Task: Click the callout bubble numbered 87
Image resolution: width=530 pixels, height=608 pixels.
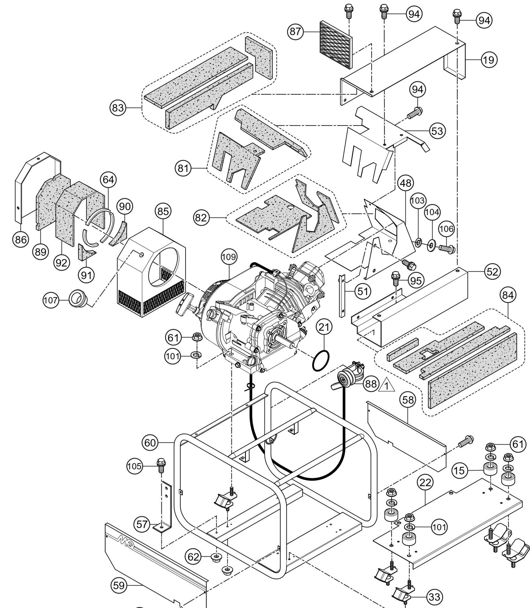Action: click(295, 32)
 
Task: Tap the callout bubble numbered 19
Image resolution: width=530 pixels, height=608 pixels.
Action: click(488, 59)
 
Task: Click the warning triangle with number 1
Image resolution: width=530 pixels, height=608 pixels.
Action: click(388, 385)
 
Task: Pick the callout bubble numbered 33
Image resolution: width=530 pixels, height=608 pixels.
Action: click(434, 597)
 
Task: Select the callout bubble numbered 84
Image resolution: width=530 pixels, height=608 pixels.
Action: click(508, 295)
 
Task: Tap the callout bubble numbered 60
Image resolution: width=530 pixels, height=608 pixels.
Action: click(150, 443)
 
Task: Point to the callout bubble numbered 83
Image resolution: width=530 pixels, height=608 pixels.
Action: click(118, 108)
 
